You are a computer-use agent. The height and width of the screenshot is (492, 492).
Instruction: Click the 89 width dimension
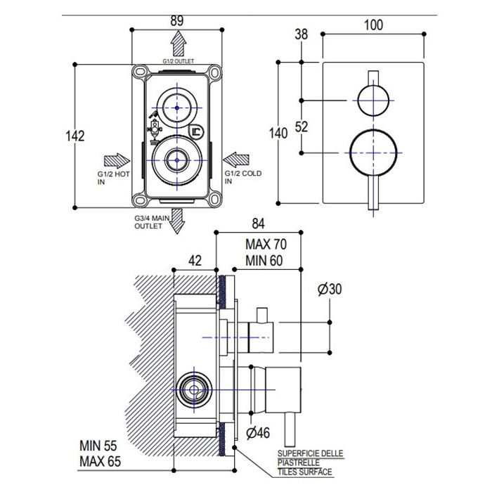(x=176, y=20)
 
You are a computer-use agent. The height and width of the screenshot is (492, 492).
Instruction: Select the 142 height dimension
(x=75, y=136)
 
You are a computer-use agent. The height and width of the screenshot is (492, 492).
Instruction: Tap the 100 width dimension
(x=373, y=25)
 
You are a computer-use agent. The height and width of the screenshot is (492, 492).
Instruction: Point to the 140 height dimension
(x=278, y=134)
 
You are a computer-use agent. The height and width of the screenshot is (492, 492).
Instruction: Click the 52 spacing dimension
(x=302, y=127)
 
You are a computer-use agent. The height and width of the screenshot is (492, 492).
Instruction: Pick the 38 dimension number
(x=302, y=34)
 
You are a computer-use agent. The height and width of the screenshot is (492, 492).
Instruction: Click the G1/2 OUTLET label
(x=179, y=61)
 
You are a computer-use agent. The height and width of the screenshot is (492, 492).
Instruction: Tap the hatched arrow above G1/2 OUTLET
(x=179, y=44)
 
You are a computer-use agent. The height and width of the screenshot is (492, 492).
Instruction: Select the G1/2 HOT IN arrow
(x=117, y=161)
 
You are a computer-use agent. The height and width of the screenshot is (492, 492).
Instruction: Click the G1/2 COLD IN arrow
(x=236, y=160)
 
